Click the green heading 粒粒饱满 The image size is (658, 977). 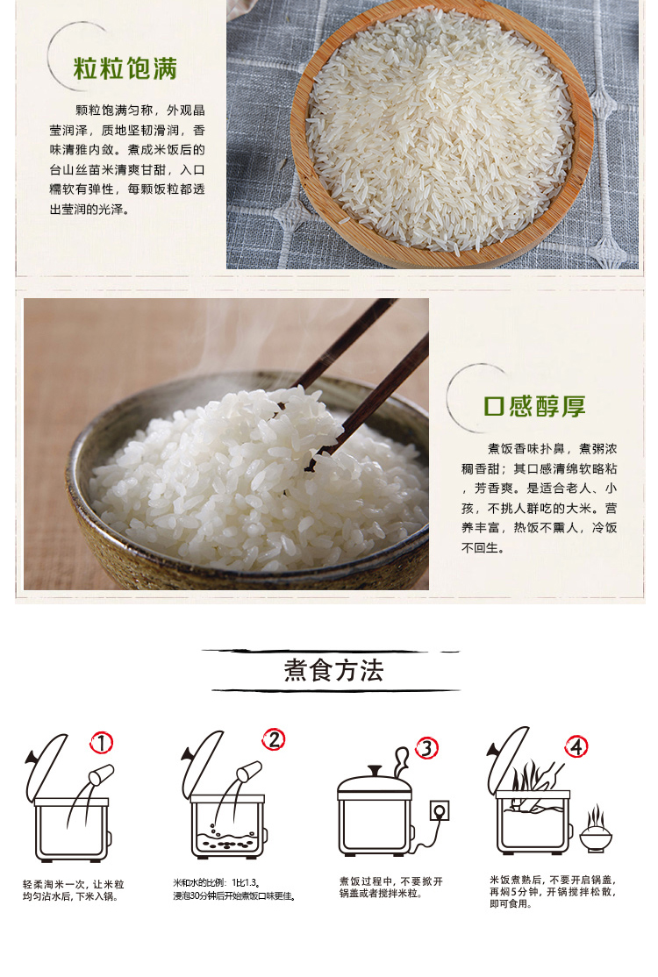point(125,69)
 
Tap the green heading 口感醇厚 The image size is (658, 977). point(534,406)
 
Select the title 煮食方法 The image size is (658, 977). point(333,670)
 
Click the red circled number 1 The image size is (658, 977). point(101,743)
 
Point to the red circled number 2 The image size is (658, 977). point(274,739)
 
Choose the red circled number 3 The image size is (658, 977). point(427,748)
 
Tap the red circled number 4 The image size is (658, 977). point(576,746)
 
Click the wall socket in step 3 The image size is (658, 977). point(440,810)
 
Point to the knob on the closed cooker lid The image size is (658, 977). point(375,771)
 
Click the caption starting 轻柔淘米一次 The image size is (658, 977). point(74,890)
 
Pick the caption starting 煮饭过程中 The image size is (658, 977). point(390,888)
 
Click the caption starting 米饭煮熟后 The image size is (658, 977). point(553,892)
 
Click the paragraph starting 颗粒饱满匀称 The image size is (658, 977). point(127,160)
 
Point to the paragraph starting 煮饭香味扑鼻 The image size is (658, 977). point(539,498)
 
